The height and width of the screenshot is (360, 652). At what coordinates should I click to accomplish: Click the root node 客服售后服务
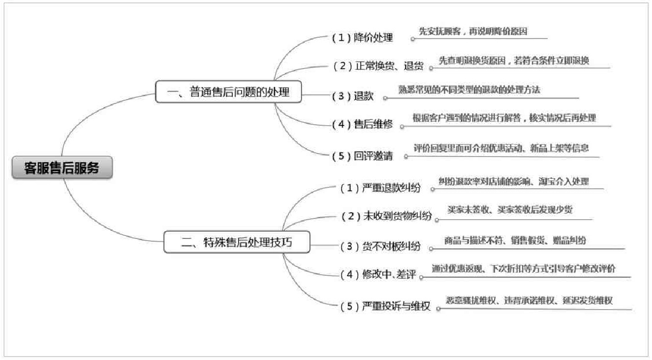click(x=62, y=168)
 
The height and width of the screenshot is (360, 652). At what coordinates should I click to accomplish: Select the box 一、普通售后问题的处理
click(x=228, y=92)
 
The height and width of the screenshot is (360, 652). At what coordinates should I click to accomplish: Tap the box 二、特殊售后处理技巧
click(x=237, y=242)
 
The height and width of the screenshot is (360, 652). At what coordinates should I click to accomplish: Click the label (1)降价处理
click(x=362, y=38)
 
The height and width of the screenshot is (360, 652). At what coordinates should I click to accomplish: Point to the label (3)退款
click(x=353, y=96)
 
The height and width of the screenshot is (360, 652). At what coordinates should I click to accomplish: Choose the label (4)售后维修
click(x=362, y=124)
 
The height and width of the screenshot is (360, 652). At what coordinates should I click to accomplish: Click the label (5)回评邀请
click(x=362, y=156)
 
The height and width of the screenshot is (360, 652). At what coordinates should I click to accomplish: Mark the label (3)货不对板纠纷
click(x=380, y=246)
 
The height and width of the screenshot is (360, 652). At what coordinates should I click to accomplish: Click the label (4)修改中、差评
click(x=378, y=275)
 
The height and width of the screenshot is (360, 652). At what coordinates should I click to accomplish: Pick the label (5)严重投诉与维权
click(x=385, y=307)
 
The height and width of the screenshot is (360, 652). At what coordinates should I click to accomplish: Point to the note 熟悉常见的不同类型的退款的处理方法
click(x=469, y=90)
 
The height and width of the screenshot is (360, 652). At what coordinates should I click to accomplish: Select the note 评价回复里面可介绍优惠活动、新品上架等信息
click(x=501, y=148)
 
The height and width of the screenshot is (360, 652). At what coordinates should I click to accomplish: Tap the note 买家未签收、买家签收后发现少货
click(x=510, y=210)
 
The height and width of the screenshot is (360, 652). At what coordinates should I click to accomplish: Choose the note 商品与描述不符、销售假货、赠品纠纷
click(x=515, y=240)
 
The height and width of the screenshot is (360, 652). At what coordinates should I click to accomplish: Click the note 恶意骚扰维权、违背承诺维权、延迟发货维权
click(x=529, y=301)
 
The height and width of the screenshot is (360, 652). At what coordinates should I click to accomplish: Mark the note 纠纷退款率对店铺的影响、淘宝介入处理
click(x=513, y=181)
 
